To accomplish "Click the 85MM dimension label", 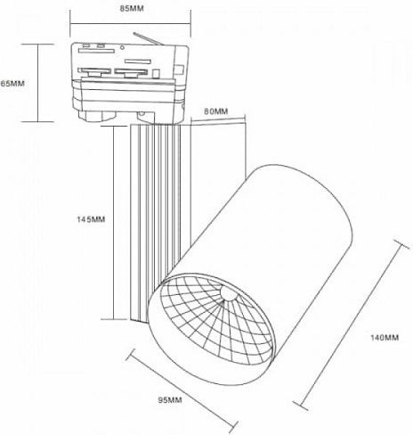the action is click(x=132, y=8).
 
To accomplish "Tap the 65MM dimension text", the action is click(x=12, y=84).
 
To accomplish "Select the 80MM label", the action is click(x=216, y=111).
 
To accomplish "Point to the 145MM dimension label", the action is click(x=91, y=219).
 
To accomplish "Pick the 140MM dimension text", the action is click(x=385, y=338).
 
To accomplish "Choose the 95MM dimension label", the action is click(x=170, y=400).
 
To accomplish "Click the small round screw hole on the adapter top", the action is click(x=122, y=47).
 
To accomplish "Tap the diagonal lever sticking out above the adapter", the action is click(x=148, y=39).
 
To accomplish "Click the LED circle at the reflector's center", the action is click(x=228, y=294).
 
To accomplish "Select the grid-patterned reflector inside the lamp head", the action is click(x=216, y=318).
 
